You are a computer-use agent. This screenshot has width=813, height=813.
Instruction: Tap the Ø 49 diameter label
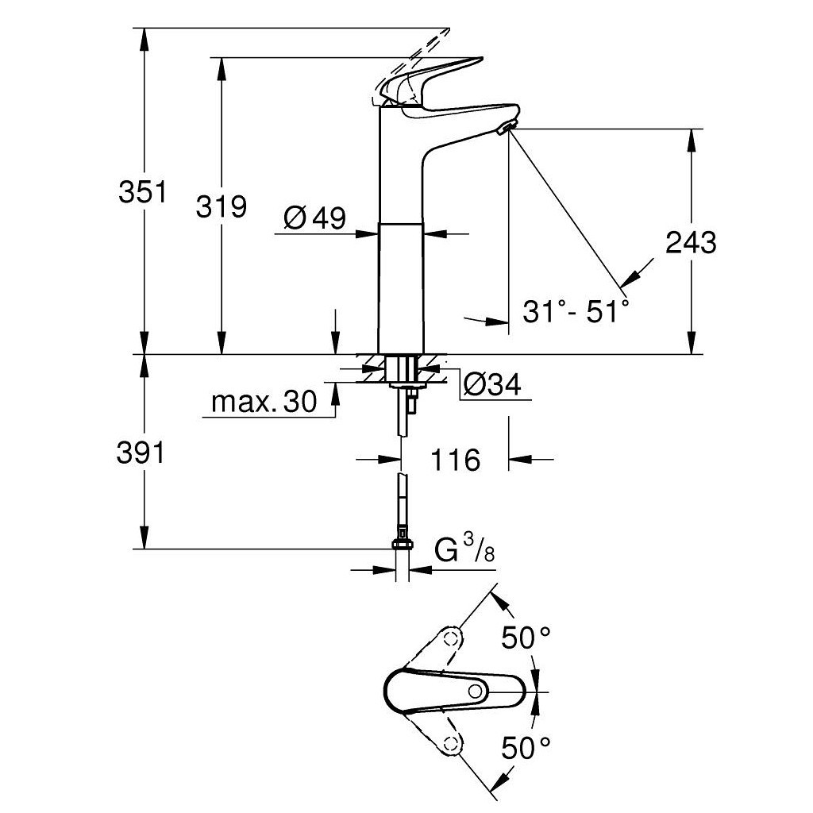[314, 218]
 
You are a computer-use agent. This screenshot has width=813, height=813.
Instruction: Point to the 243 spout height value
[691, 242]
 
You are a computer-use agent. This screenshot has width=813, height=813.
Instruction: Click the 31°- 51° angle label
[576, 310]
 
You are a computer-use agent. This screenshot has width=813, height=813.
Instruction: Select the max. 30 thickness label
[264, 403]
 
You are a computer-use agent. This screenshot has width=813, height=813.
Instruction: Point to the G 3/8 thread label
[464, 549]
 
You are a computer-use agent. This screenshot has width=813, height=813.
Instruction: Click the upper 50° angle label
[526, 637]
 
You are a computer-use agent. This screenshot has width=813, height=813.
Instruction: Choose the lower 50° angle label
[526, 746]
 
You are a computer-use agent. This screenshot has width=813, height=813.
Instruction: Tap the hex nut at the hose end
[403, 545]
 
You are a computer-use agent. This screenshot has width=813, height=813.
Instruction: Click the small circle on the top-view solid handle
[476, 691]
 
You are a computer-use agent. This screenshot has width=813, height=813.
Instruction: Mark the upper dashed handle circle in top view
[452, 638]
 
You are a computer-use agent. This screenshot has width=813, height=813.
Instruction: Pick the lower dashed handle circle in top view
[452, 743]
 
